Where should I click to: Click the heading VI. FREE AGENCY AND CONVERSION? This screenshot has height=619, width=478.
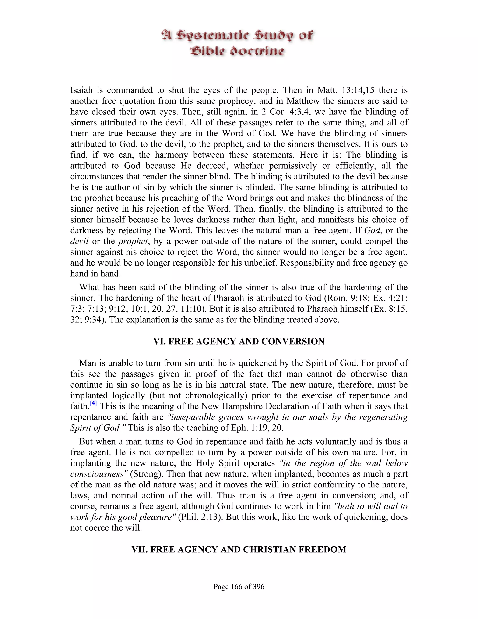click(239, 341)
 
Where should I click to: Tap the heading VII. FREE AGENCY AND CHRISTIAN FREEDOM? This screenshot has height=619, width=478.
click(239, 550)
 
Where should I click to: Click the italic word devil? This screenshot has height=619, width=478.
click(79, 241)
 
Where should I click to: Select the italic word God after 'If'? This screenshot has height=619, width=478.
click(372, 230)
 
